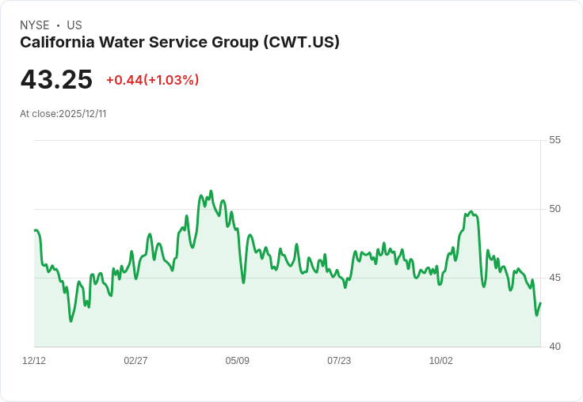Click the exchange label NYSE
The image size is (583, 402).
coord(35,25)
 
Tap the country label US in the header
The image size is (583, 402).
coord(74,25)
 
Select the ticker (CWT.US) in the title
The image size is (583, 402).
coord(301,43)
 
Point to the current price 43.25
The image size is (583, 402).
coord(56,80)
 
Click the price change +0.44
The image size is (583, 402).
coord(124,80)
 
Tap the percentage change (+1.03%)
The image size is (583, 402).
coord(172,80)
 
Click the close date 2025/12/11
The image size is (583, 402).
coord(82,114)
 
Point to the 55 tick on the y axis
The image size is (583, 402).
coord(554,140)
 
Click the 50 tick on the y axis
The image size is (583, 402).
coord(554,209)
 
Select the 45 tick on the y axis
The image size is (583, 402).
coord(554,278)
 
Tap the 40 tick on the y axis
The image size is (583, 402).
coord(554,347)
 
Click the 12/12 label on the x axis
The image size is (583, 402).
coord(34,361)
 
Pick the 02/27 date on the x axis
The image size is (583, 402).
coord(135,361)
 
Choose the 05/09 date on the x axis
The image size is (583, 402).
coord(237,361)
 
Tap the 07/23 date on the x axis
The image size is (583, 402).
coord(339,361)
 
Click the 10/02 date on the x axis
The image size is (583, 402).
coord(440,361)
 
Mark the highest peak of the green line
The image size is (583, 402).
coord(211,191)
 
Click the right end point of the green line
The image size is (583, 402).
coord(540,303)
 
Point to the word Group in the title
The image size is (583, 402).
coord(234,43)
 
